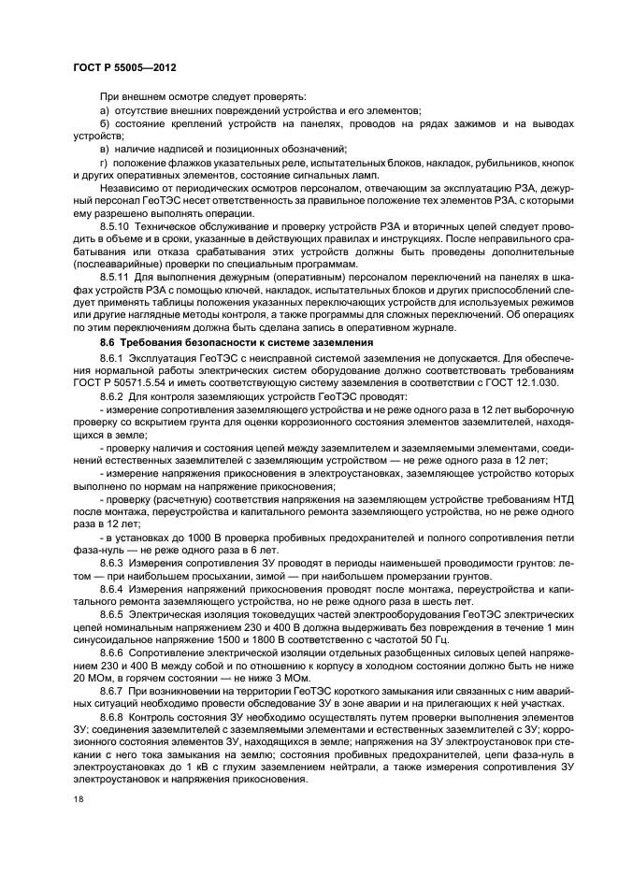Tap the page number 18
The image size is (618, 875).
click(x=78, y=799)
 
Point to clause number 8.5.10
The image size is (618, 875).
click(x=117, y=226)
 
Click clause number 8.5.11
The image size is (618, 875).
click(x=117, y=278)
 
